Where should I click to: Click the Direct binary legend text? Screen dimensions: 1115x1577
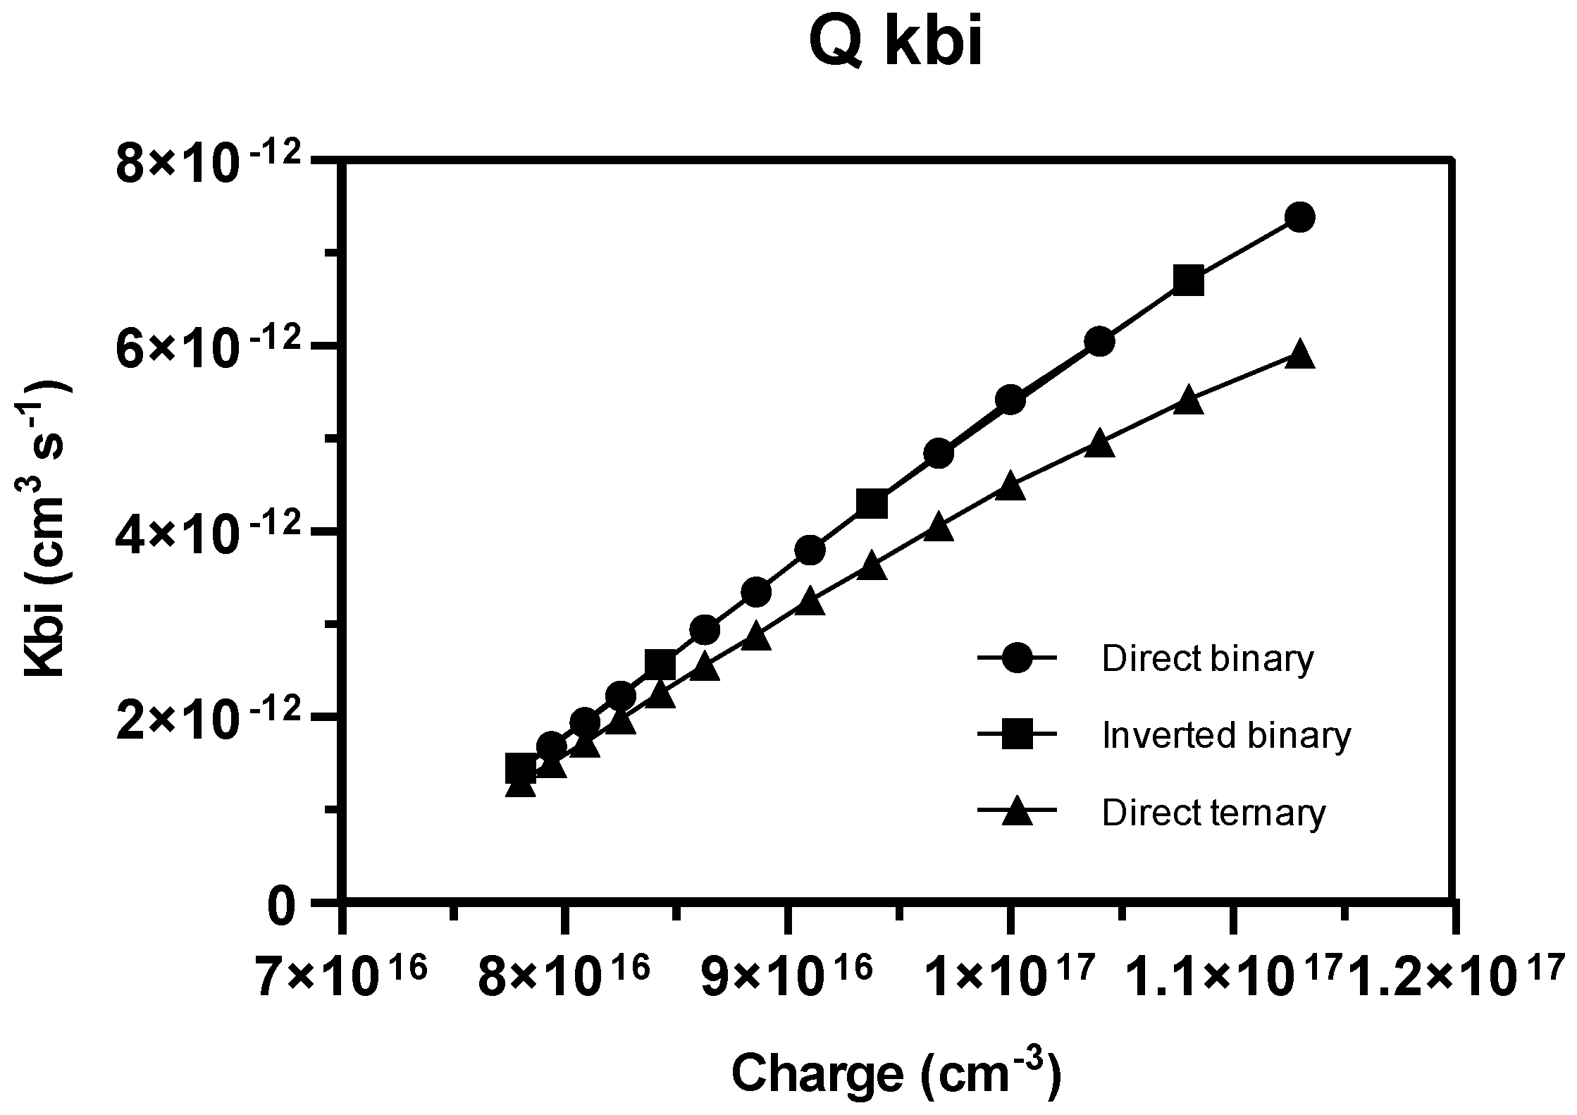point(1207,659)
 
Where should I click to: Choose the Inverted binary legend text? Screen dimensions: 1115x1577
point(1226,735)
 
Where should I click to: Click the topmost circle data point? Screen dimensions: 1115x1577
point(1299,216)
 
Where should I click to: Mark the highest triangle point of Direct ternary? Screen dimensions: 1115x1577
point(1299,355)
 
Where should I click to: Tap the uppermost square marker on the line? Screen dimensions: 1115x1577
point(1188,281)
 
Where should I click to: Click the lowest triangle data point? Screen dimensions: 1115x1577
point(521,784)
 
